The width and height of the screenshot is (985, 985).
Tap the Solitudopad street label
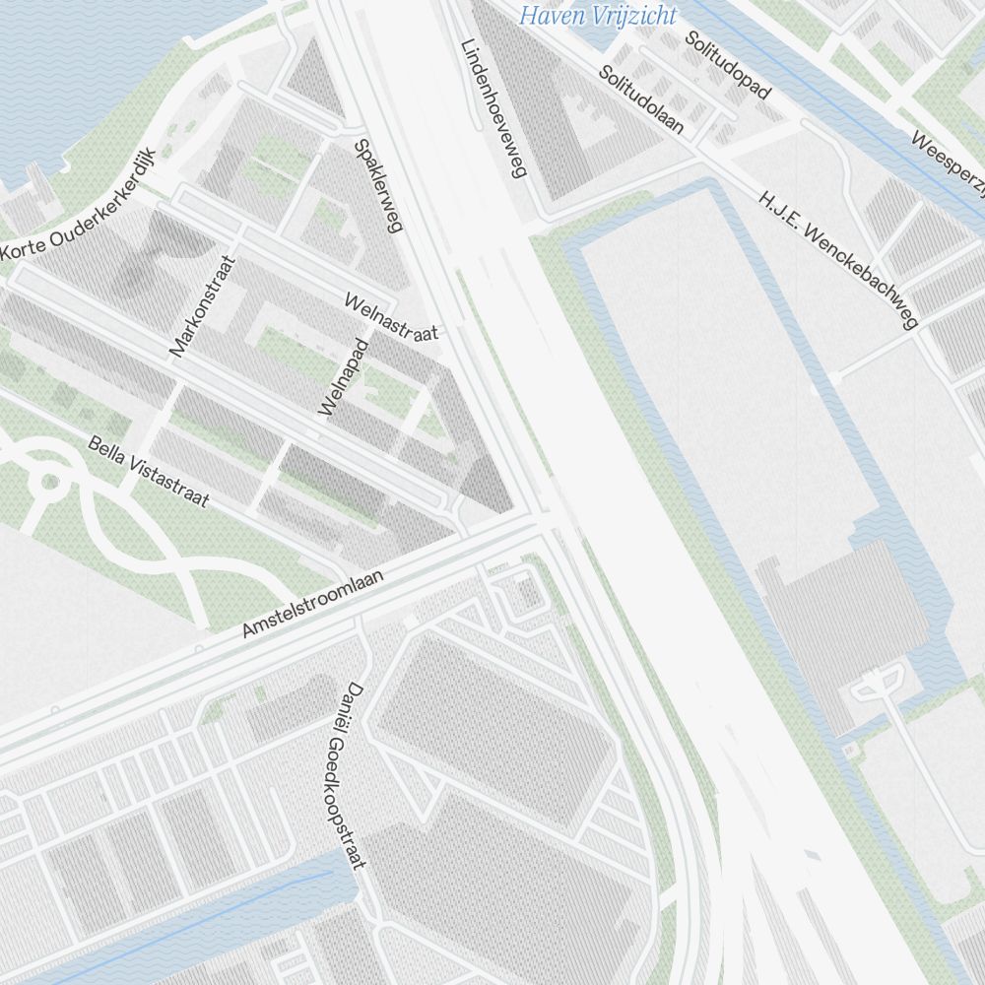click(729, 64)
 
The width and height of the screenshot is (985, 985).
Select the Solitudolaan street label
click(641, 100)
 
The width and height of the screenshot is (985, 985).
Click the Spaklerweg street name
click(378, 185)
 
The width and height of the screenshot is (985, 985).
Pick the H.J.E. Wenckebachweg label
click(838, 261)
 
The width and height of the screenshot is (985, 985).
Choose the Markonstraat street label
click(203, 306)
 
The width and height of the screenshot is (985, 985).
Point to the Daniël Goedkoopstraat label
click(342, 775)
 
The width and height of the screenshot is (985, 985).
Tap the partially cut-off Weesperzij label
click(947, 166)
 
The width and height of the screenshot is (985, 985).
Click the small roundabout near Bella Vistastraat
click(48, 483)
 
